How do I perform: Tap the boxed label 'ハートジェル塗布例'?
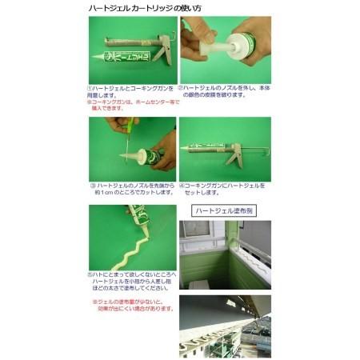pyautogui.click(x=226, y=211)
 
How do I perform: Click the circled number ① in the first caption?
pyautogui.click(x=90, y=86)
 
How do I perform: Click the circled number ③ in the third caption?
pyautogui.click(x=92, y=183)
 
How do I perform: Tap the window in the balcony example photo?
pyautogui.click(x=194, y=233)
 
